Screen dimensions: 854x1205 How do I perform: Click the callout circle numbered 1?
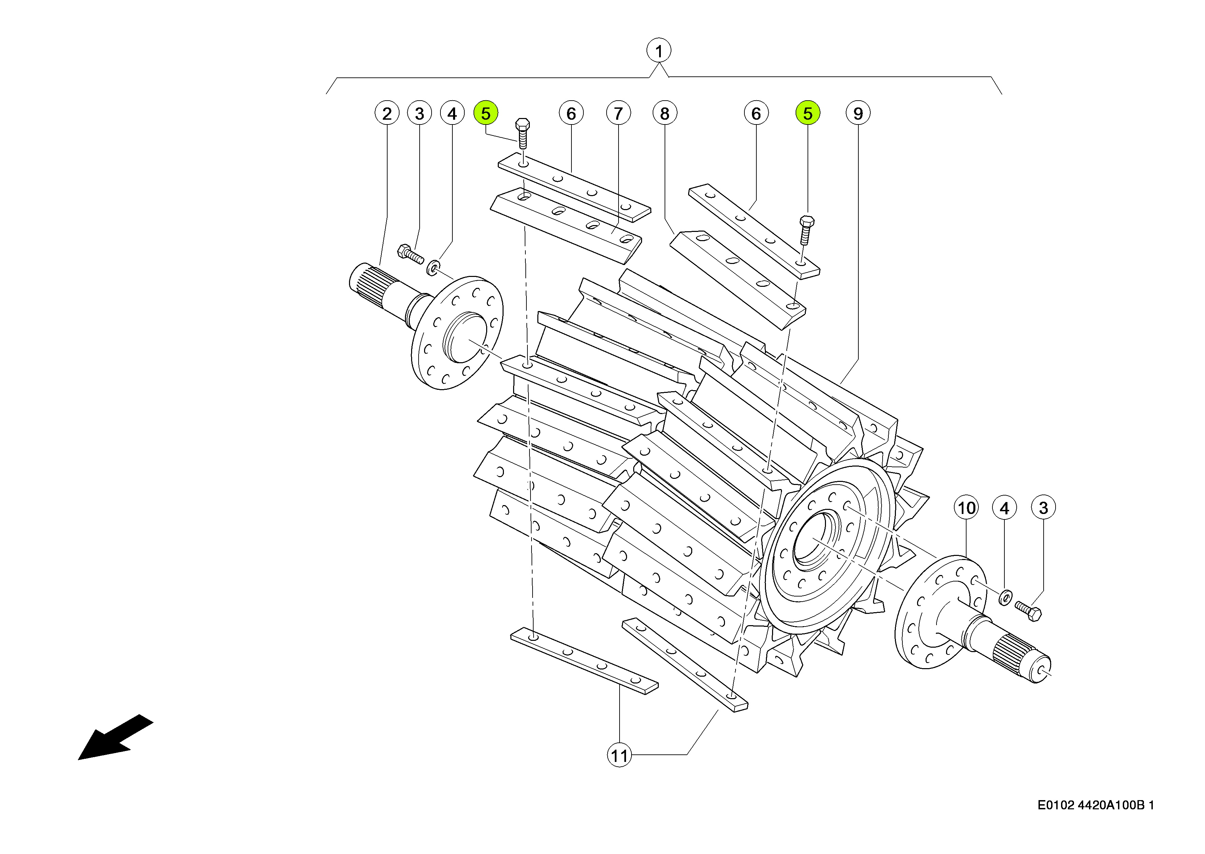(658, 51)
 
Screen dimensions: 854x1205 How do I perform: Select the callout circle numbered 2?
(387, 113)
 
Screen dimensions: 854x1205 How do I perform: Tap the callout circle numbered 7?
(618, 113)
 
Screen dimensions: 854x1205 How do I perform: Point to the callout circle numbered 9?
(858, 113)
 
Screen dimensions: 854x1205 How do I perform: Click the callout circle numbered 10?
(966, 508)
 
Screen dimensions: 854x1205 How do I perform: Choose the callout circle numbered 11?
(619, 756)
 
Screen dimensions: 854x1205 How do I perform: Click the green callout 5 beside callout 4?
(485, 113)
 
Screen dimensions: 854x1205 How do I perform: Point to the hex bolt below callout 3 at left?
(411, 253)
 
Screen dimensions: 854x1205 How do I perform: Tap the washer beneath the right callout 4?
(1005, 598)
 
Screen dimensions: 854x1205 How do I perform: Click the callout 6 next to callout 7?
(571, 113)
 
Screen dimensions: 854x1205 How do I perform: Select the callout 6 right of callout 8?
(756, 113)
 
